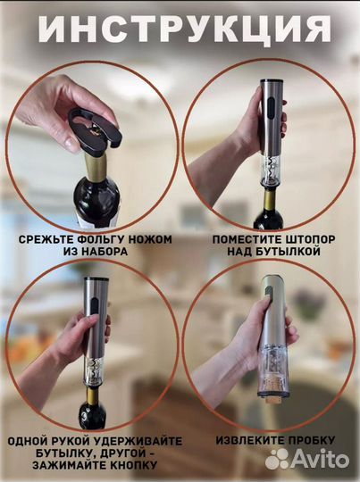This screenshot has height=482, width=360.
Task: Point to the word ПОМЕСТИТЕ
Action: pyautogui.click(x=243, y=239)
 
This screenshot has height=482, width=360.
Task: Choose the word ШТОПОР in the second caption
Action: pyautogui.click(x=309, y=239)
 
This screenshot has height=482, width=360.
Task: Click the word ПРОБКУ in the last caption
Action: pyautogui.click(x=312, y=440)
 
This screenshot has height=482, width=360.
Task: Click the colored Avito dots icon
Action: pyautogui.click(x=278, y=459)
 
